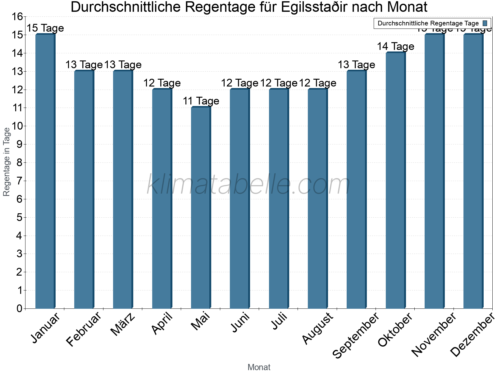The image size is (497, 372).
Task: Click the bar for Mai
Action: click(x=201, y=208)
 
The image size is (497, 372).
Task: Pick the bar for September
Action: click(x=357, y=189)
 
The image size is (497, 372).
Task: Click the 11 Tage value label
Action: click(x=201, y=101)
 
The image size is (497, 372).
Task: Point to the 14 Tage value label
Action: click(x=395, y=46)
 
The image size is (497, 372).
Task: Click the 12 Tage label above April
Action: click(x=162, y=83)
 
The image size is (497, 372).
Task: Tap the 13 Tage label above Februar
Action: click(x=84, y=65)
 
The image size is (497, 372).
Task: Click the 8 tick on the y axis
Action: click(x=19, y=163)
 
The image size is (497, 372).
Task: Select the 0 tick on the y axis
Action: click(x=19, y=308)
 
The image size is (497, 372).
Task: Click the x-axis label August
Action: click(x=317, y=328)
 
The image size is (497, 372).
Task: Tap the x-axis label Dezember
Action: click(x=472, y=335)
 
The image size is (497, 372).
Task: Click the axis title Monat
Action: click(x=259, y=367)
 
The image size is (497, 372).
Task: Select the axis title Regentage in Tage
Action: click(x=7, y=162)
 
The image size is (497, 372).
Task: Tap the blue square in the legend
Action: click(x=485, y=23)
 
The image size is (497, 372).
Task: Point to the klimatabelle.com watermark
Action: click(x=248, y=185)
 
